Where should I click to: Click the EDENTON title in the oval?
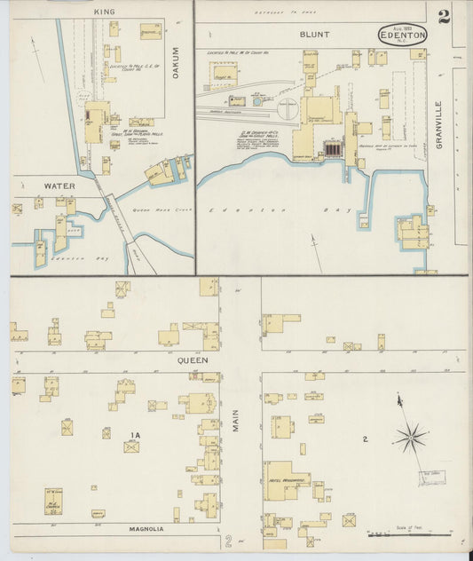(x=402, y=36)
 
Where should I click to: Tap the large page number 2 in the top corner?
(x=443, y=15)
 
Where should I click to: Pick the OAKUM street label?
(x=175, y=63)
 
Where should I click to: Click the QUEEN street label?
(x=193, y=360)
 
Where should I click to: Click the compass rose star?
(x=410, y=436)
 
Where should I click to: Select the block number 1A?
(x=133, y=434)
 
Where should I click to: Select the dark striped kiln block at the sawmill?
(x=334, y=150)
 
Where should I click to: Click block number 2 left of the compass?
(x=365, y=439)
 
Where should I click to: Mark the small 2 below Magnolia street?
(x=228, y=541)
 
